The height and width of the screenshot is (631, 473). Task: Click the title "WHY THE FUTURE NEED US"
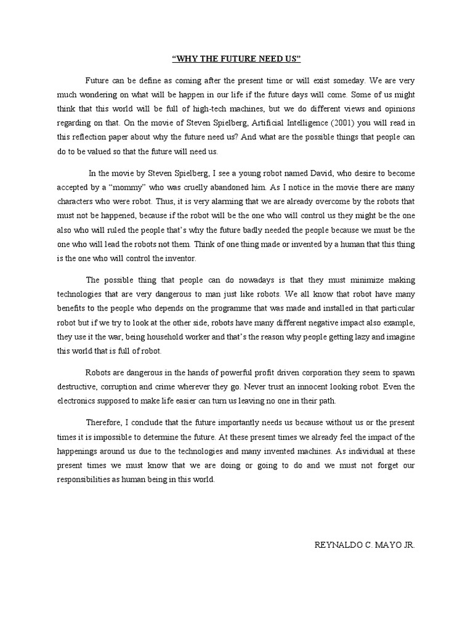coord(236,60)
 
